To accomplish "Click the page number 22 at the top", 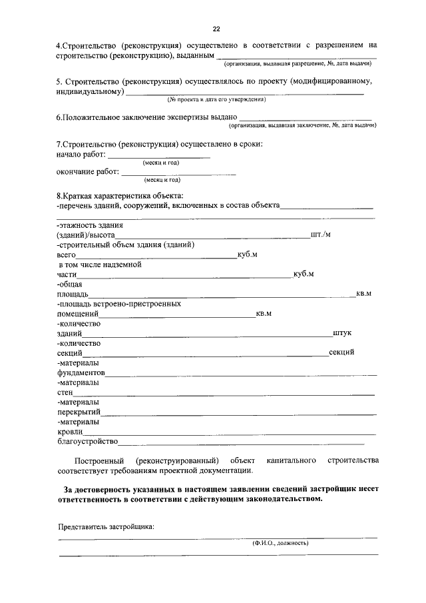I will pyautogui.click(x=216, y=29).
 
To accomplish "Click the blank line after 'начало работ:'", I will pyautogui.click(x=158, y=156).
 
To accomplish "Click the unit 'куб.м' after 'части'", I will pyautogui.click(x=303, y=274).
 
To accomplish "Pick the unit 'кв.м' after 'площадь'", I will pyautogui.click(x=363, y=293).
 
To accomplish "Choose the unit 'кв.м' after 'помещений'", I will pyautogui.click(x=264, y=313).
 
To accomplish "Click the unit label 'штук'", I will pyautogui.click(x=342, y=332).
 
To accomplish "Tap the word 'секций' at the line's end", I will pyautogui.click(x=341, y=352).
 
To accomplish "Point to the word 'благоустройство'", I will pyautogui.click(x=88, y=440).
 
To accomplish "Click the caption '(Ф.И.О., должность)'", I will pyautogui.click(x=280, y=543).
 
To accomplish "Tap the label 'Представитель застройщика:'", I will pyautogui.click(x=106, y=526).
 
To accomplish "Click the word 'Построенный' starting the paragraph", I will pyautogui.click(x=97, y=460).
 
